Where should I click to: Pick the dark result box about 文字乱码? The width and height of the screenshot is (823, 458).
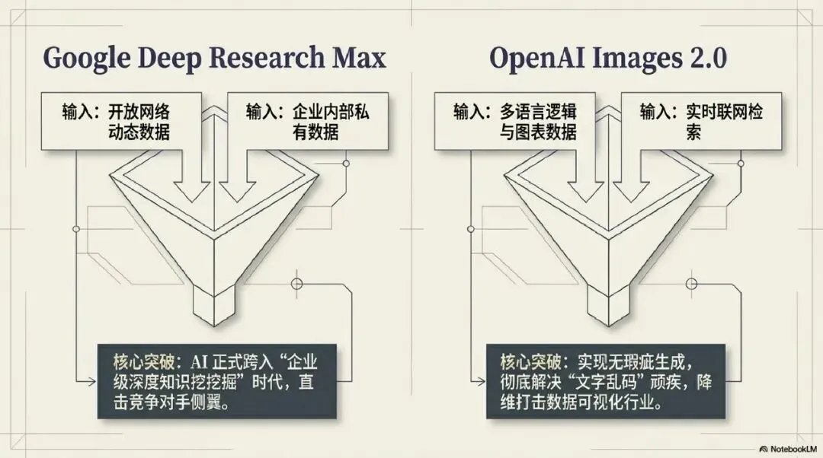click(x=606, y=380)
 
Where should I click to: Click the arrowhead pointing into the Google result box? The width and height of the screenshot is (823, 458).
click(x=92, y=377)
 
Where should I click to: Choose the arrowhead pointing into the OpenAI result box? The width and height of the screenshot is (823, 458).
click(x=482, y=378)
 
